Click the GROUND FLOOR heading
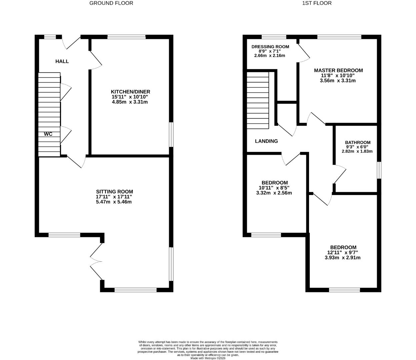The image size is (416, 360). point(111,3)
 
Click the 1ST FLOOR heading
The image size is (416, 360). point(317,3)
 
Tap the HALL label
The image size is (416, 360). point(62,61)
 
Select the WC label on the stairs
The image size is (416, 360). point(48,134)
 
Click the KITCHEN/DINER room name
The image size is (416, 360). point(130,92)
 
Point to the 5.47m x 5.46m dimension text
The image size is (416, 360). point(114,202)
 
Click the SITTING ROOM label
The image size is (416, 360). point(114,192)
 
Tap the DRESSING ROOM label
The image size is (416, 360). point(270,47)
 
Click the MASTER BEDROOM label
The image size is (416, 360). point(338,70)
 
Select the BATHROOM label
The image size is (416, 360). point(357,142)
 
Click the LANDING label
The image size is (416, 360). point(266,141)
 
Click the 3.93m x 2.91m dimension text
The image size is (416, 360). point(342,257)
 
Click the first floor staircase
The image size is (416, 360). point(257,101)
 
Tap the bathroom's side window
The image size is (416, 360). point(379,170)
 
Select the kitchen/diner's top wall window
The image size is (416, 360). point(126,37)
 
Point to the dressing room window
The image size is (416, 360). point(274,37)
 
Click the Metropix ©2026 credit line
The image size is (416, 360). point(208,358)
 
